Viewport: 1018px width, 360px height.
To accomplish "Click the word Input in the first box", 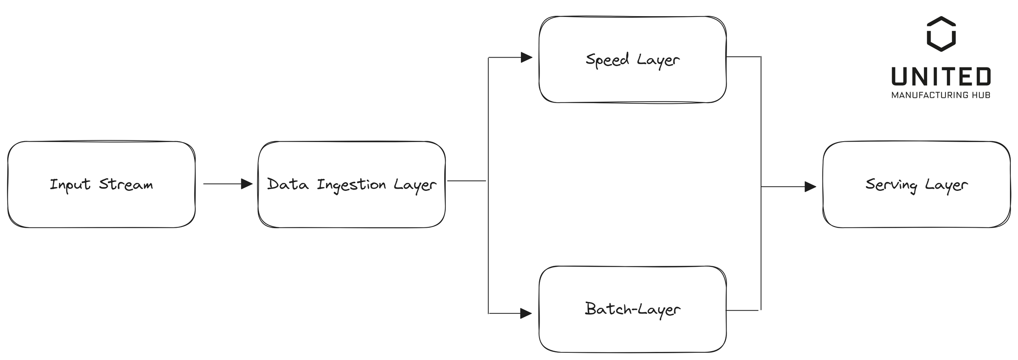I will [x=70, y=185].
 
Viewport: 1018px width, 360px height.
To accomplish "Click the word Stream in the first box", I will [x=126, y=184].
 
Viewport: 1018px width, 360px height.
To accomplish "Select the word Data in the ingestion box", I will [x=288, y=184].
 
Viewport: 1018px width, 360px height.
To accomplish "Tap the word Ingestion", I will [x=351, y=185].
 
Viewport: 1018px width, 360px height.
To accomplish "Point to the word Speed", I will [x=607, y=59].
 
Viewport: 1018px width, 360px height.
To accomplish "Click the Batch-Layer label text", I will [x=632, y=309].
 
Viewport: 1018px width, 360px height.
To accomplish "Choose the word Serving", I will [x=891, y=185].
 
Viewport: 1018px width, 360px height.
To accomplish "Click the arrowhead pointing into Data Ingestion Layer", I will [x=247, y=184].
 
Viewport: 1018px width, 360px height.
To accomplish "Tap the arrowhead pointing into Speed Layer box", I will [x=526, y=57].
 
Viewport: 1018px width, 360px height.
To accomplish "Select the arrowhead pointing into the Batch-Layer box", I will [x=526, y=313].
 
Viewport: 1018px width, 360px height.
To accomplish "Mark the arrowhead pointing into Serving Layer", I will [x=810, y=187].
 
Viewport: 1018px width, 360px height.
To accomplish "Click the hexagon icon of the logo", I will [x=941, y=34].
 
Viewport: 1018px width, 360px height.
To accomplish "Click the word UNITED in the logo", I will [x=941, y=77].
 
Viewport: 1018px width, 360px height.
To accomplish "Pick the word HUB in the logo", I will [x=982, y=95].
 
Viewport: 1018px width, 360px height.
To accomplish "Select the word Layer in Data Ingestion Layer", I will [x=415, y=185].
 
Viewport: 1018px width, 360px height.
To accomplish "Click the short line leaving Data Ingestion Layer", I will [x=467, y=181].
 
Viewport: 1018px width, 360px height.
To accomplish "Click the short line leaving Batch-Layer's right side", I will [x=742, y=310].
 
